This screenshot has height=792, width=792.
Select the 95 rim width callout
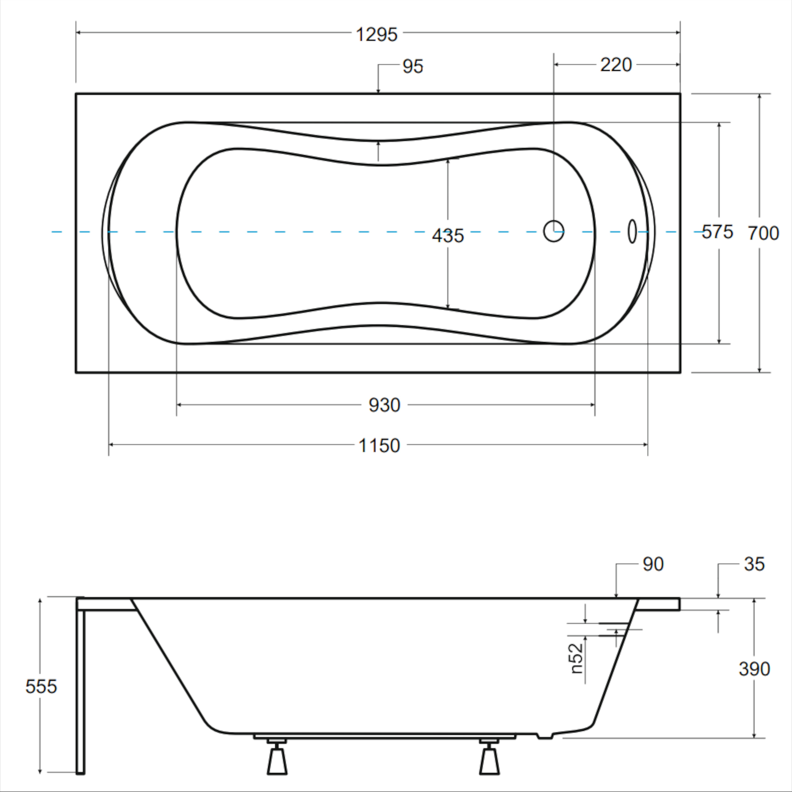pyautogui.click(x=412, y=67)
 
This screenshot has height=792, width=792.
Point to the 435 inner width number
pyautogui.click(x=448, y=236)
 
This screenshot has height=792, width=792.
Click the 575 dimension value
pyautogui.click(x=717, y=232)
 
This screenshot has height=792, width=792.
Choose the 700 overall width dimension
pyautogui.click(x=763, y=233)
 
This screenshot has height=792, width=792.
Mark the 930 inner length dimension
pyautogui.click(x=384, y=405)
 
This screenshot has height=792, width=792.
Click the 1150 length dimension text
pyautogui.click(x=379, y=445)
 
